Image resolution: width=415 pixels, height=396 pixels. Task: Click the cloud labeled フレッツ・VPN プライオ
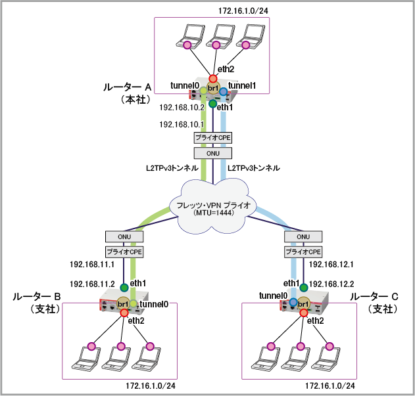(x=212, y=206)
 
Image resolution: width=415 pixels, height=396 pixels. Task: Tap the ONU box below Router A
(x=212, y=153)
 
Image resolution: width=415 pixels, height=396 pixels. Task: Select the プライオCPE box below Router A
(x=212, y=138)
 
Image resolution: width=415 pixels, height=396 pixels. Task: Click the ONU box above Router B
(x=122, y=236)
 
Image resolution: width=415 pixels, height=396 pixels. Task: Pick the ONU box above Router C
(x=303, y=236)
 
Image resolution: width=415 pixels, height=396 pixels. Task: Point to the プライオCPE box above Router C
(x=303, y=252)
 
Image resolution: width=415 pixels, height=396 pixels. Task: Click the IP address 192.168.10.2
(x=182, y=108)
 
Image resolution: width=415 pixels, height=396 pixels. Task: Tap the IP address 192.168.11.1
(x=93, y=265)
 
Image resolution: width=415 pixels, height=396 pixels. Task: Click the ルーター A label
(x=128, y=87)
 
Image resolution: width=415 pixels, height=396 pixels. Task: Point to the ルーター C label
(x=373, y=297)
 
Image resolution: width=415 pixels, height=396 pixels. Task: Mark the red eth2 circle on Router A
(x=212, y=78)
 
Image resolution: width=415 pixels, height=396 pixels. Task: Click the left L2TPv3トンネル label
(x=172, y=169)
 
